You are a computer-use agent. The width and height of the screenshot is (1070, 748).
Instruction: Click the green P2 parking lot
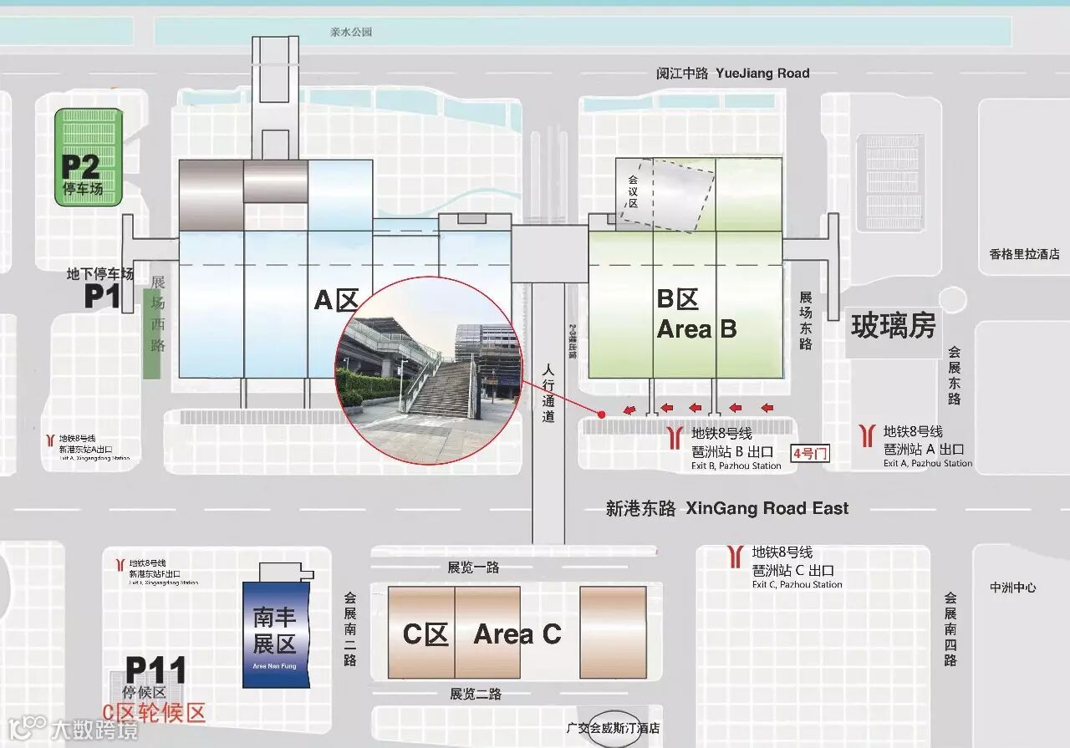click(x=89, y=158)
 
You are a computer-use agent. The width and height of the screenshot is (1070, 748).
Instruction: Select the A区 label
click(x=336, y=299)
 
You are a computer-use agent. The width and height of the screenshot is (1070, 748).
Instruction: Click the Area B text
click(x=696, y=328)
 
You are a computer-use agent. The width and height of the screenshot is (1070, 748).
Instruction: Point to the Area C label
click(x=517, y=634)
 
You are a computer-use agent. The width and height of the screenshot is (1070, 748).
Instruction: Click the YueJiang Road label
click(x=762, y=74)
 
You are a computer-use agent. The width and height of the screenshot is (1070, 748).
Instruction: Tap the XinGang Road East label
click(x=767, y=508)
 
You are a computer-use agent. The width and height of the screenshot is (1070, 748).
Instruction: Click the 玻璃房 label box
click(x=893, y=325)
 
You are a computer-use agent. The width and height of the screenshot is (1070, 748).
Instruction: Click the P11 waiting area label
click(x=155, y=670)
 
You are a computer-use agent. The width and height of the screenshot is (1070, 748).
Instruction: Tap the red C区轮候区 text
click(x=154, y=713)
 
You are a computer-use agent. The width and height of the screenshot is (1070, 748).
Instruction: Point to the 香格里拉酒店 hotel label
click(x=1024, y=254)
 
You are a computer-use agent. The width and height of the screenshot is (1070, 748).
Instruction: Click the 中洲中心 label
click(x=1013, y=588)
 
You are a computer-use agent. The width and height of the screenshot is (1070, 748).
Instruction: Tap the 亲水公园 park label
click(x=350, y=33)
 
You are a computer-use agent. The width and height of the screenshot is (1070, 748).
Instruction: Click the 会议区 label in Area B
click(x=632, y=191)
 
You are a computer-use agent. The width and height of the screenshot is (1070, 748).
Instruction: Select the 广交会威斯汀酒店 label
click(x=613, y=729)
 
